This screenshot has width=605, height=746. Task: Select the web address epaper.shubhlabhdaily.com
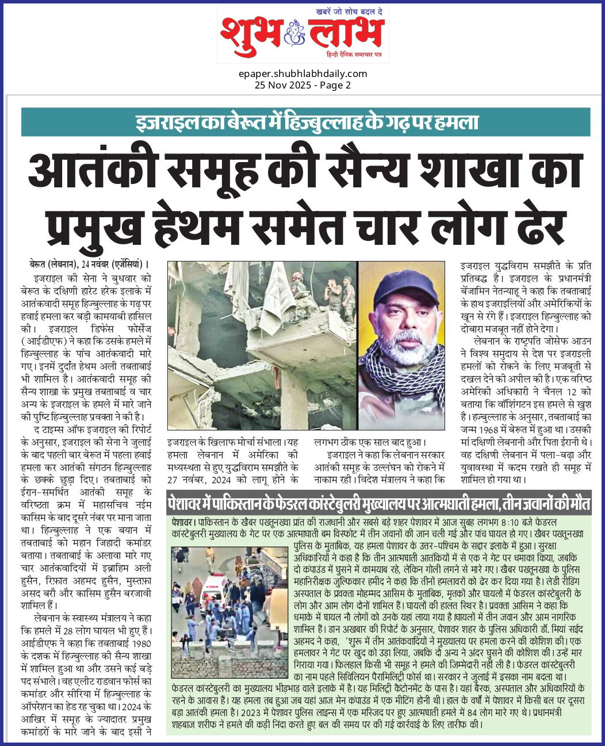pyautogui.click(x=302, y=74)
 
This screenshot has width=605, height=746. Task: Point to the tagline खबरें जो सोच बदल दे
pyautogui.click(x=349, y=12)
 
